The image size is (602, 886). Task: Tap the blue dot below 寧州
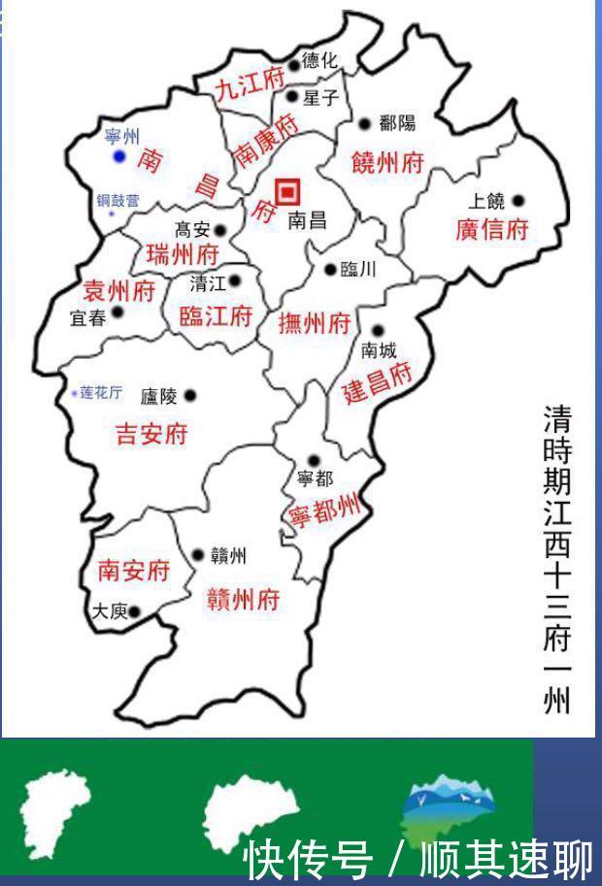119,156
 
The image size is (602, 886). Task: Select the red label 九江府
249,85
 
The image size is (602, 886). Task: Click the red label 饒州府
386,162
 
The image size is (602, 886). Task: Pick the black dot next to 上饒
518,201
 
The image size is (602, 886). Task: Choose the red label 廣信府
491,230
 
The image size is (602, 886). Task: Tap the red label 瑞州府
183,255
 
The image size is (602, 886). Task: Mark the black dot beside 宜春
117,312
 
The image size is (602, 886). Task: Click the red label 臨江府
217,315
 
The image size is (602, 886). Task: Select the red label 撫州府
313,324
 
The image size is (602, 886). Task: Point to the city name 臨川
358,270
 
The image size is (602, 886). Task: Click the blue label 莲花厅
101,393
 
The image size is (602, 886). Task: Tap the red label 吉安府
151,433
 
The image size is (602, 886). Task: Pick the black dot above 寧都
313,461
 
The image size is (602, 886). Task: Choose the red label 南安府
134,571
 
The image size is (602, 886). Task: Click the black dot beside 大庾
134,611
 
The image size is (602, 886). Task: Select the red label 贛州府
244,599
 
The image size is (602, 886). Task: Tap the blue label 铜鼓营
117,201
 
